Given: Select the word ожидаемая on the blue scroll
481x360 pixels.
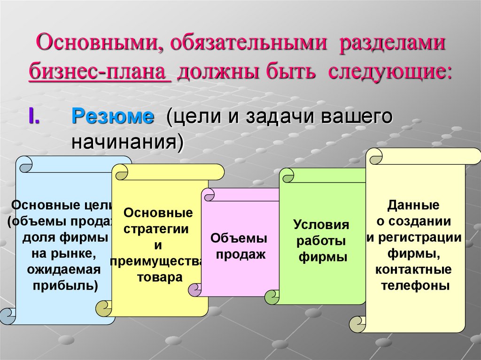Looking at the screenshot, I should (64, 269).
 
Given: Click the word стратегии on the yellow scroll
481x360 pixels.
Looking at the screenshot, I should (156, 229).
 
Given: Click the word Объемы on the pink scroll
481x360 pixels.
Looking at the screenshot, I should (239, 238).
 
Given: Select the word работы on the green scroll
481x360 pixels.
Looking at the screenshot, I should (322, 241).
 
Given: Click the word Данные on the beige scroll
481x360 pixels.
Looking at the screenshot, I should (413, 205).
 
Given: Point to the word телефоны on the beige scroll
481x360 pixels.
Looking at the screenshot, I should (415, 285).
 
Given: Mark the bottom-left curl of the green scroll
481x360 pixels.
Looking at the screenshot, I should (272, 297).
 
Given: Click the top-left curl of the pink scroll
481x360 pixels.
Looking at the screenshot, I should (208, 195).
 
